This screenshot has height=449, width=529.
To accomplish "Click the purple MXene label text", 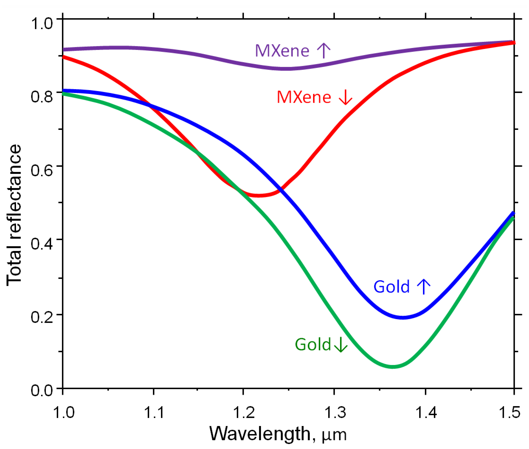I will click(282, 51).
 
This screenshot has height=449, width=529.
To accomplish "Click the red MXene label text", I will click(304, 97).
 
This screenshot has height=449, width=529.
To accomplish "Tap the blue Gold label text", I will click(392, 287).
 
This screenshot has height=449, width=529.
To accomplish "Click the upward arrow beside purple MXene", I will click(324, 50).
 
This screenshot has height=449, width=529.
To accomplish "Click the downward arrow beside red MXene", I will click(345, 98).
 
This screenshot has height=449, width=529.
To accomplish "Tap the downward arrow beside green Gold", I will click(341, 345).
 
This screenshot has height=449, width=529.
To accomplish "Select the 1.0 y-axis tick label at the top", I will click(42, 23).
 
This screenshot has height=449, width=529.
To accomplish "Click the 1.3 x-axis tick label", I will click(335, 412).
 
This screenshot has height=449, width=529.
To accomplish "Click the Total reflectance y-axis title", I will click(14, 215).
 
